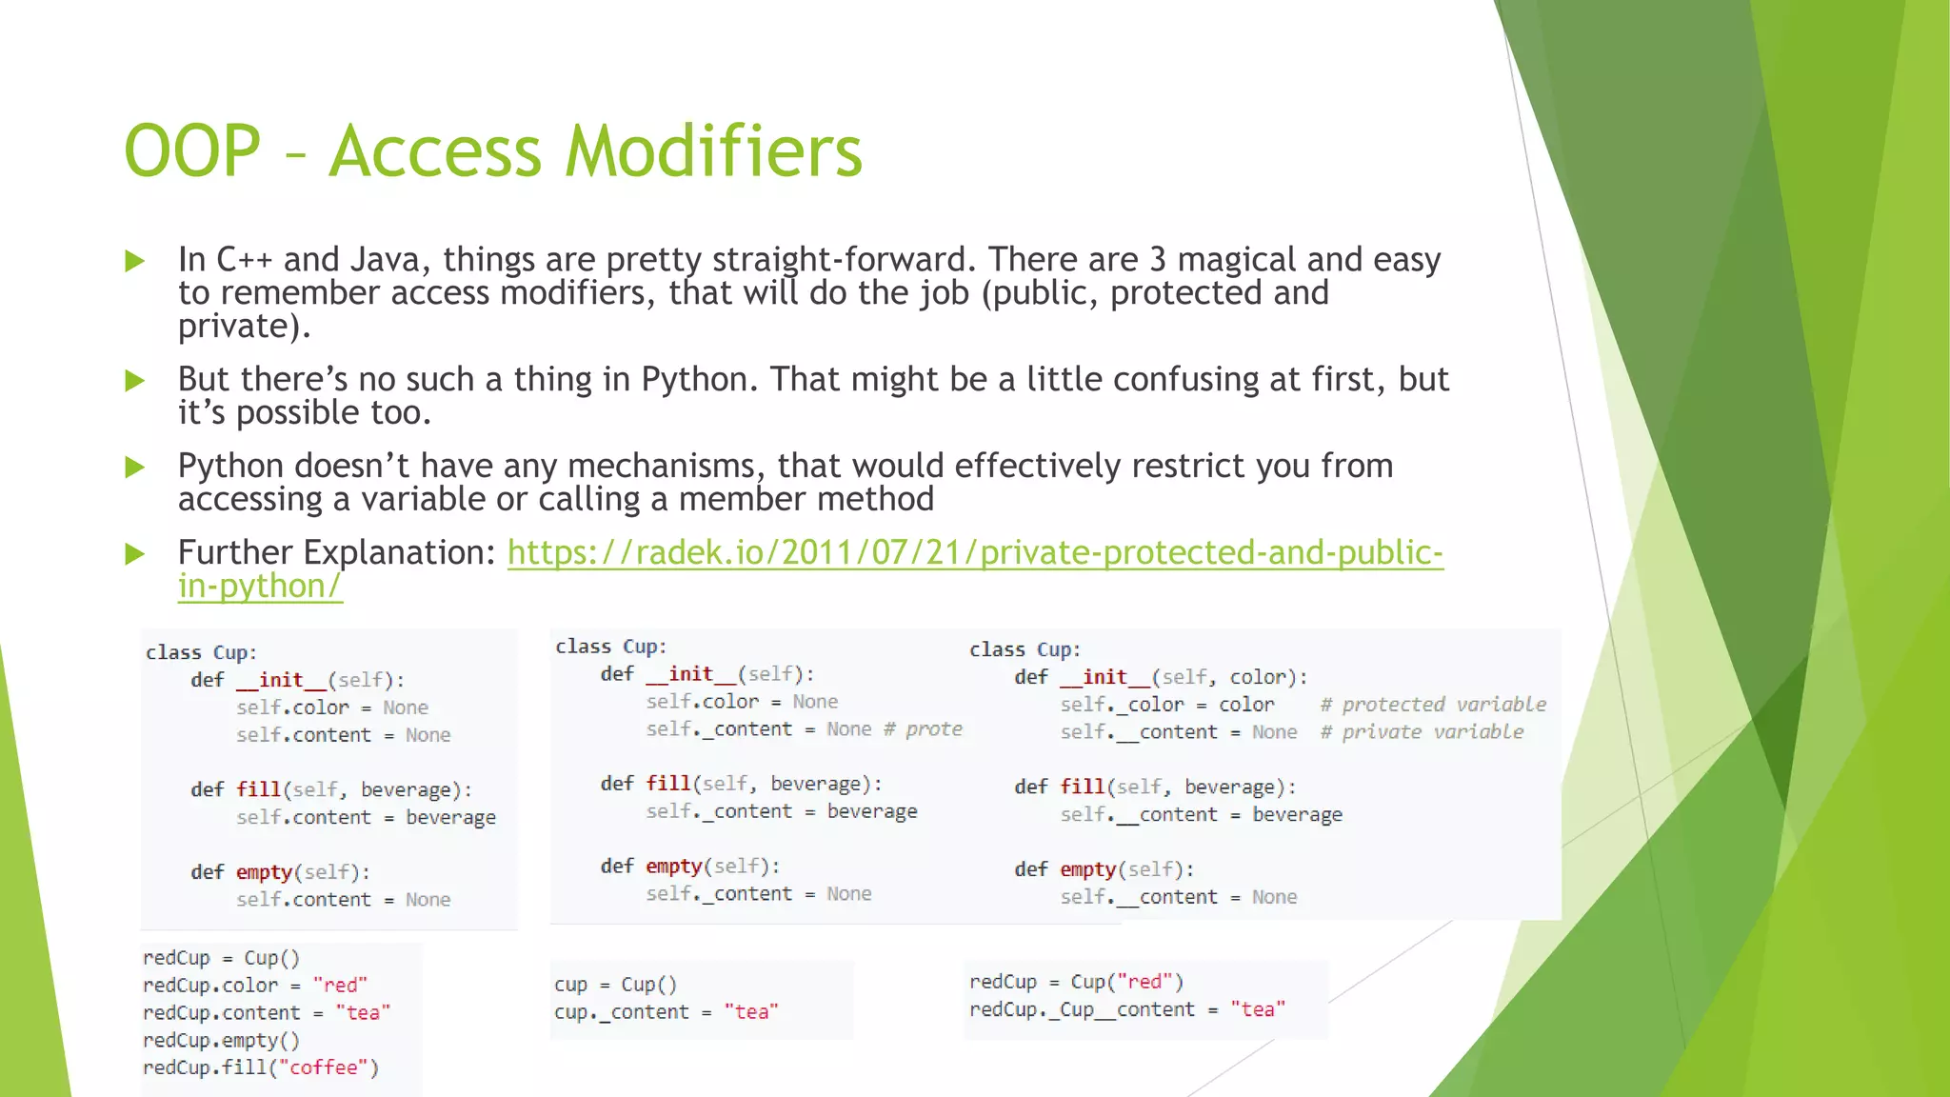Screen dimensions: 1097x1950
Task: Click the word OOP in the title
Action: point(192,150)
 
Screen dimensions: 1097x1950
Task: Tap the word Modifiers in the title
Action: point(713,150)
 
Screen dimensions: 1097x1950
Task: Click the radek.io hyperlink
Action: point(975,552)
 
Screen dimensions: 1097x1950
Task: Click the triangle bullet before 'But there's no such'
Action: point(135,381)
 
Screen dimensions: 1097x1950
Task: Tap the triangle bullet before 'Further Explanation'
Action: point(135,554)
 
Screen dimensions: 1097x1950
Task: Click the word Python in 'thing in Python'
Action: point(693,379)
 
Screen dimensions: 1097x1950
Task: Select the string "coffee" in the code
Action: point(323,1067)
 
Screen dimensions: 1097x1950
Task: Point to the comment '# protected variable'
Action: point(1433,705)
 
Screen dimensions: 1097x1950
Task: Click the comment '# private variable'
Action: point(1422,732)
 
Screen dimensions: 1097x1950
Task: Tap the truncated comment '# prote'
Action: point(923,729)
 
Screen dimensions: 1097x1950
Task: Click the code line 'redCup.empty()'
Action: point(221,1040)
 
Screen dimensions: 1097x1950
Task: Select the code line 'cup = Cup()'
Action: point(615,985)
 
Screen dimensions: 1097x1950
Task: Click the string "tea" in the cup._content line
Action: point(751,1012)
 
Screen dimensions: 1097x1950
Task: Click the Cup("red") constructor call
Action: point(1126,982)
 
